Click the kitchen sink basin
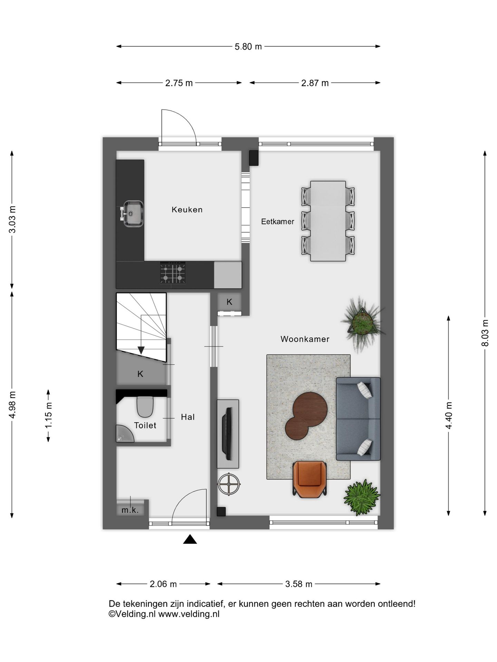pyautogui.click(x=133, y=214)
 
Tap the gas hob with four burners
pyautogui.click(x=173, y=272)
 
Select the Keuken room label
pyautogui.click(x=187, y=210)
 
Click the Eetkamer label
pyautogui.click(x=277, y=222)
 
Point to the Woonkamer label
pyautogui.click(x=305, y=339)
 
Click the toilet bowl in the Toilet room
pyautogui.click(x=145, y=407)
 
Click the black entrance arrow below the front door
pyautogui.click(x=190, y=539)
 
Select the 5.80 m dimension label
pyautogui.click(x=248, y=47)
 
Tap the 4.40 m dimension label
pyautogui.click(x=449, y=415)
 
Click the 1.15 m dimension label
pyautogui.click(x=48, y=415)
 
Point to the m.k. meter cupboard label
pyautogui.click(x=130, y=510)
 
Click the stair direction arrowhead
pyautogui.click(x=141, y=350)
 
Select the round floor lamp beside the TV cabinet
pyautogui.click(x=228, y=484)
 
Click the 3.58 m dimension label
pyautogui.click(x=299, y=584)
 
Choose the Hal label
pyautogui.click(x=188, y=417)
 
